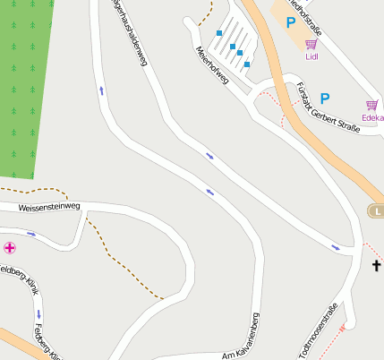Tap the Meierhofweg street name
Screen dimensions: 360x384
point(211,65)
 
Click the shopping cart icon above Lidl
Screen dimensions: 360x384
point(311,44)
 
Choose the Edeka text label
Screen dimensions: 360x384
point(371,117)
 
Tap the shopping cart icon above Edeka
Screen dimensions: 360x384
point(371,105)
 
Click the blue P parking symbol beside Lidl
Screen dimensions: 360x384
point(290,22)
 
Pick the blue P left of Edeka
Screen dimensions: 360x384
point(325,98)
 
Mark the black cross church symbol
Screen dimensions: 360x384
point(377,266)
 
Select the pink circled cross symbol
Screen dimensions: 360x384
point(9,247)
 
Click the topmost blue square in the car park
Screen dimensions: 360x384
point(219,33)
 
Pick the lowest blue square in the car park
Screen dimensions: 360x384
point(247,64)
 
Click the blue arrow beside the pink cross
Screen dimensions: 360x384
point(31,235)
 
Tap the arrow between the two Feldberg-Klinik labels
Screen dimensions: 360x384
point(38,313)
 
